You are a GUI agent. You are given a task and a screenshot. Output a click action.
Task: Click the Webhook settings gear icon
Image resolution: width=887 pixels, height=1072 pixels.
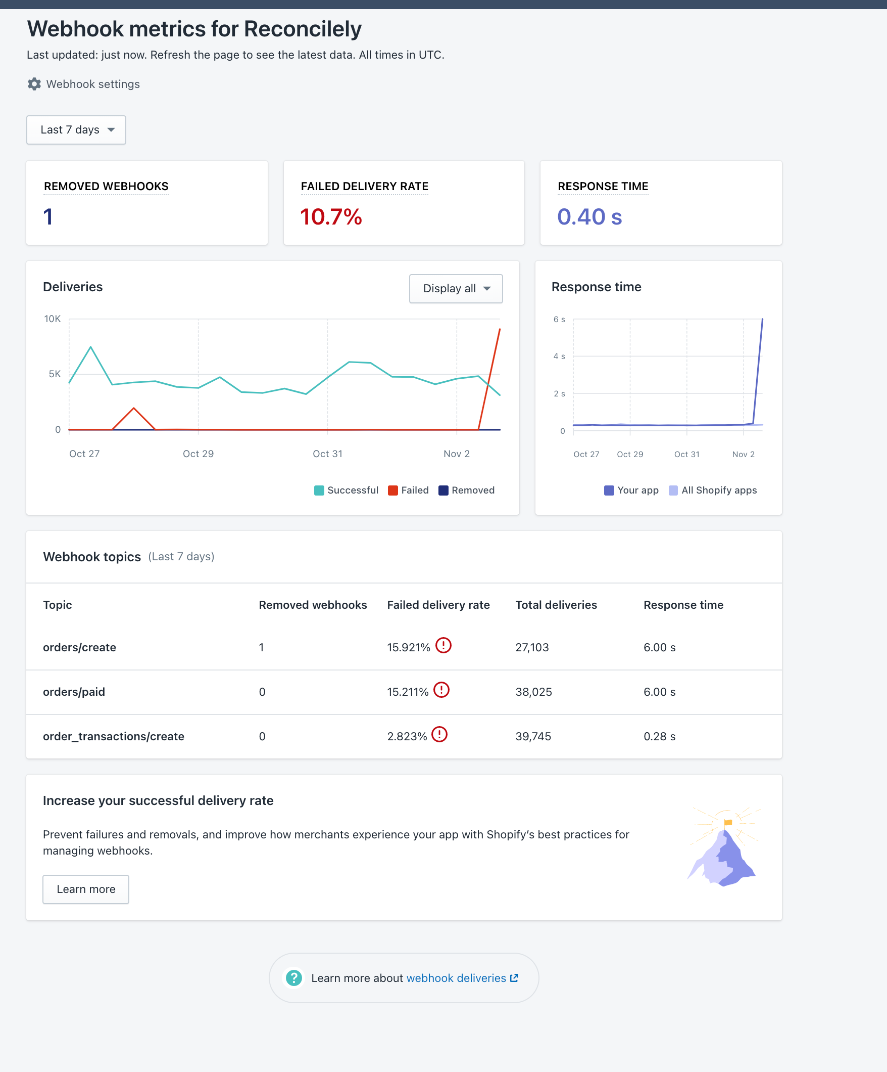(34, 84)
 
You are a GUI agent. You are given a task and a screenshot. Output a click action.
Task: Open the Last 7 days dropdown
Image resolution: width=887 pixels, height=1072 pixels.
(76, 130)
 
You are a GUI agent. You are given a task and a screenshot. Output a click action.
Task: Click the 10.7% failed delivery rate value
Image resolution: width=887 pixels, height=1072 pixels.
(330, 217)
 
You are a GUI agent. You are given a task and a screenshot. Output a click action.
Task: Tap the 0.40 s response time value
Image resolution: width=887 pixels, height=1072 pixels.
(589, 217)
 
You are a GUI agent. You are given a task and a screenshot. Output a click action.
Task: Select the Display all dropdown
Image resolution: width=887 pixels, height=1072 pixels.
(456, 289)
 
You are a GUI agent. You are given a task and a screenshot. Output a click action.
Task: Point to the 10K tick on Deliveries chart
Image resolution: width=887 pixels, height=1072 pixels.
(53, 319)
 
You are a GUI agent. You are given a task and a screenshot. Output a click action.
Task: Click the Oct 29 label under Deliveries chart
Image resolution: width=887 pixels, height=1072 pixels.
(198, 454)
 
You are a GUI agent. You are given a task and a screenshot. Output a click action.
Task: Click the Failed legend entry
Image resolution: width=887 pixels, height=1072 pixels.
(408, 490)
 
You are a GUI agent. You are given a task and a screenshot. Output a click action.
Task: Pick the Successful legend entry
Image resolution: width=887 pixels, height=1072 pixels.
(347, 490)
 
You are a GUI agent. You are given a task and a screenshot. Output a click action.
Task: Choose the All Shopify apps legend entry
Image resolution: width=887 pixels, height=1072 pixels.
(713, 490)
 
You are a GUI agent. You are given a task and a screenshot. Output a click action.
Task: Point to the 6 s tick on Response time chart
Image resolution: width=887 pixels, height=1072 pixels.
(559, 320)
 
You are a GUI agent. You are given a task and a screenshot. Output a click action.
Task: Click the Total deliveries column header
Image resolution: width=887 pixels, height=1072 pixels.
(556, 605)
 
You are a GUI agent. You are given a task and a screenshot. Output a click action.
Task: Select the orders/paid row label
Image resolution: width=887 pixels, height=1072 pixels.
(74, 692)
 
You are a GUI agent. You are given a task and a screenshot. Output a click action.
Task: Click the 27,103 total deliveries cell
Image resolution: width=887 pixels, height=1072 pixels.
(532, 648)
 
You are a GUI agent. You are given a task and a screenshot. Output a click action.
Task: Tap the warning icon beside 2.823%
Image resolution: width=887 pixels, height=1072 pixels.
(439, 735)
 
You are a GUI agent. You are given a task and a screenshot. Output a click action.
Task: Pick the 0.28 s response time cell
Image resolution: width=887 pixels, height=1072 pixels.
(659, 737)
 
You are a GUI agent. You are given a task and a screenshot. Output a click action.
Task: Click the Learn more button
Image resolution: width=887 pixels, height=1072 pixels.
(86, 890)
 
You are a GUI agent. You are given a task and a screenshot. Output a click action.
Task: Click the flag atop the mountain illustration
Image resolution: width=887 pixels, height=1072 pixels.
(728, 822)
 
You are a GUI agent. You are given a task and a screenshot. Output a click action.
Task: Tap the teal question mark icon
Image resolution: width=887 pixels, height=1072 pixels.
(294, 978)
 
